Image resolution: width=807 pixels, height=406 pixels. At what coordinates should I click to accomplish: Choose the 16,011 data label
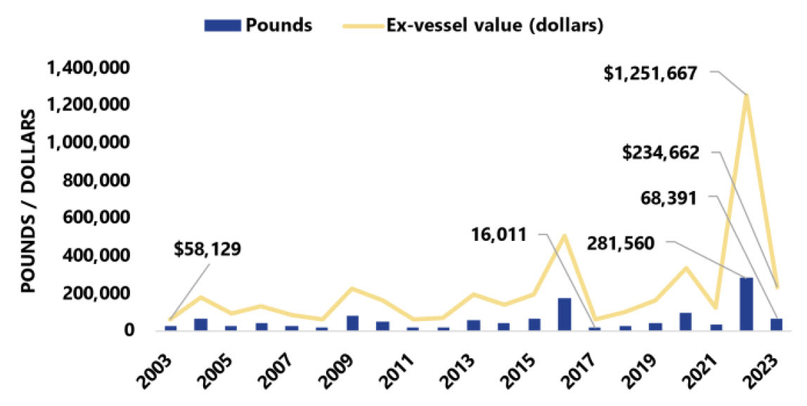tap(500, 235)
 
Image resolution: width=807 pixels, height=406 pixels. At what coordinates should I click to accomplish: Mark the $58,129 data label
tap(208, 249)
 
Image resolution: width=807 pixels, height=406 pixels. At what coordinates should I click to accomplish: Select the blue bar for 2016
tap(564, 313)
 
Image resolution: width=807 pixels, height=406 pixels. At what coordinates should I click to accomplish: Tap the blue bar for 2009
tap(353, 322)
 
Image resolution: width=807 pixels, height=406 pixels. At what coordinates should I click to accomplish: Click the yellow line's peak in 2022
tap(746, 95)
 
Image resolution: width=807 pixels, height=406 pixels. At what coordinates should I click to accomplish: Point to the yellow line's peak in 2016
tap(564, 235)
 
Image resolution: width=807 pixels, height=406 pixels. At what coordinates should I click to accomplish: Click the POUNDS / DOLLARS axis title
tap(28, 202)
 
